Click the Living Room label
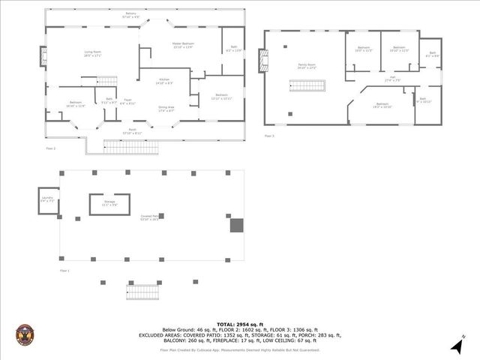(92, 52)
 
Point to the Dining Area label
(166, 109)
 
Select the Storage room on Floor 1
(109, 202)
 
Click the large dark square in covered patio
(236, 225)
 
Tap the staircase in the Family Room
(311, 85)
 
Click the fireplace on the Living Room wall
(44, 57)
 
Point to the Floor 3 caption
(268, 136)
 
